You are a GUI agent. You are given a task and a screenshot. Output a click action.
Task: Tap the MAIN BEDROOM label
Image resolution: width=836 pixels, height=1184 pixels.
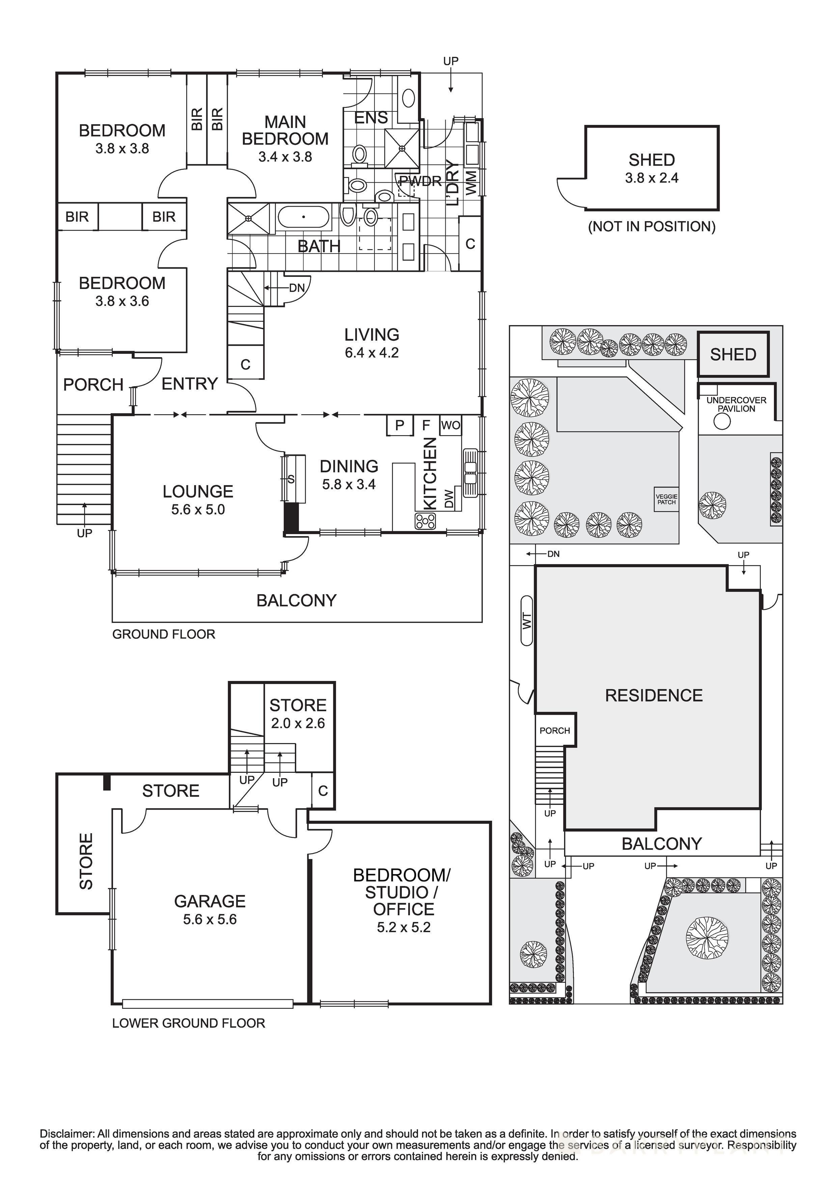click(285, 130)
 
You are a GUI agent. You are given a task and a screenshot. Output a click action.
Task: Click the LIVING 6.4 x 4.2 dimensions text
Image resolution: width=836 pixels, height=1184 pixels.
click(372, 353)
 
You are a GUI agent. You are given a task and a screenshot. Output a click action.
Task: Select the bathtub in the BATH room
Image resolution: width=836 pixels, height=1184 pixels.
click(303, 217)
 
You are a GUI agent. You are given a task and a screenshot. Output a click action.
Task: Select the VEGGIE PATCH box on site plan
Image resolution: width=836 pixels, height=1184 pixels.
click(666, 499)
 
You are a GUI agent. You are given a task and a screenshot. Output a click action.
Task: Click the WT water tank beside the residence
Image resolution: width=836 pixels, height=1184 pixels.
click(526, 621)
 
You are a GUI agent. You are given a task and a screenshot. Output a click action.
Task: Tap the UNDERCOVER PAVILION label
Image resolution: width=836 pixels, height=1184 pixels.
click(736, 404)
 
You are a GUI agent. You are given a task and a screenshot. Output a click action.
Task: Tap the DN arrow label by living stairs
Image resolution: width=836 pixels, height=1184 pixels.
click(296, 288)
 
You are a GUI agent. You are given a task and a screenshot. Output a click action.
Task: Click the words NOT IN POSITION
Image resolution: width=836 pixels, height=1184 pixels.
click(651, 227)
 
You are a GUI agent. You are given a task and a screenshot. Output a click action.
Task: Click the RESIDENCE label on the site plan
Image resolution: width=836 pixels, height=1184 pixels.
click(653, 696)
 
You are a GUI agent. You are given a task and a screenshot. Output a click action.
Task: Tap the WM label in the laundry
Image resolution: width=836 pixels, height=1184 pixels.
click(471, 183)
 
